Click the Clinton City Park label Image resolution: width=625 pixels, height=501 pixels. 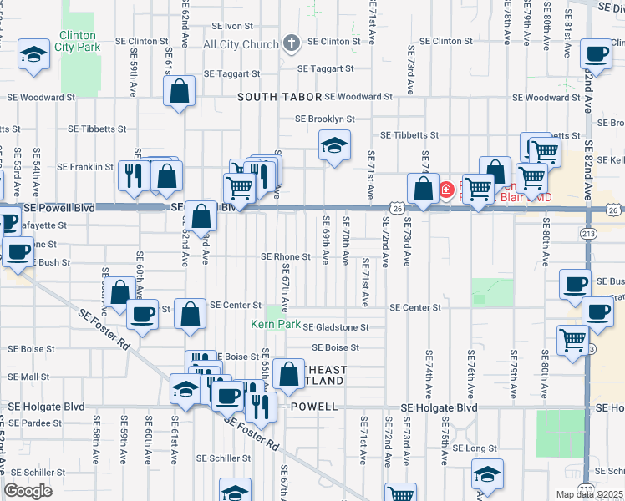click(x=79, y=41)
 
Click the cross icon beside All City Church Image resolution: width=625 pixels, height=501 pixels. click(x=292, y=43)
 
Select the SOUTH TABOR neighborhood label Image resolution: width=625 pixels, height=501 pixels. click(x=279, y=97)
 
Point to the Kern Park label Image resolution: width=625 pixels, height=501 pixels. click(x=276, y=324)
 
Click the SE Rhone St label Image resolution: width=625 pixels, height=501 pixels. click(x=286, y=256)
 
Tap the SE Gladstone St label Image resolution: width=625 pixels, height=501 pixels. click(x=335, y=327)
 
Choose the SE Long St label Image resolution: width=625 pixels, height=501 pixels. click(x=475, y=448)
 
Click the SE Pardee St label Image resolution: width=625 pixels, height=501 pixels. click(x=34, y=423)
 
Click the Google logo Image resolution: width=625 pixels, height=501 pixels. click(x=28, y=490)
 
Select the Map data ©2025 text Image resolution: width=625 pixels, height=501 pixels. click(x=590, y=494)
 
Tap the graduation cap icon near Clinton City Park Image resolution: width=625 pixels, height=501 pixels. click(x=34, y=55)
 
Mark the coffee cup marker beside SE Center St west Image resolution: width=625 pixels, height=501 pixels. click(x=142, y=314)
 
